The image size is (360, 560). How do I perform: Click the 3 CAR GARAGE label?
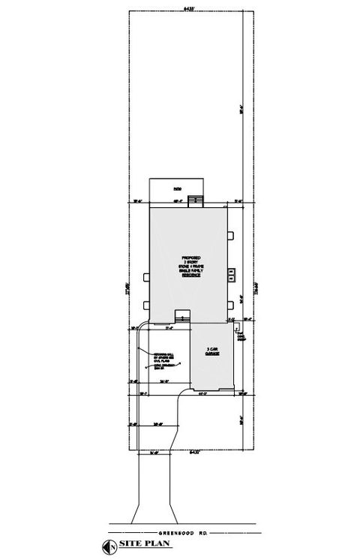(212, 351)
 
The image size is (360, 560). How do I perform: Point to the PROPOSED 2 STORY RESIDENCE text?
(190, 266)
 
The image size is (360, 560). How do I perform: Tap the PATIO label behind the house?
(177, 189)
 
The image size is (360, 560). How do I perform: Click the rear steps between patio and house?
(196, 199)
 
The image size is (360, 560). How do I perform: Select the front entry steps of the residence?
(180, 317)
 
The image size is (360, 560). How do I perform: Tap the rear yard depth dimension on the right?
(241, 107)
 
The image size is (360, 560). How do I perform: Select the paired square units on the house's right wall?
(232, 273)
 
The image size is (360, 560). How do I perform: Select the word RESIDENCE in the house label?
(190, 276)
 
